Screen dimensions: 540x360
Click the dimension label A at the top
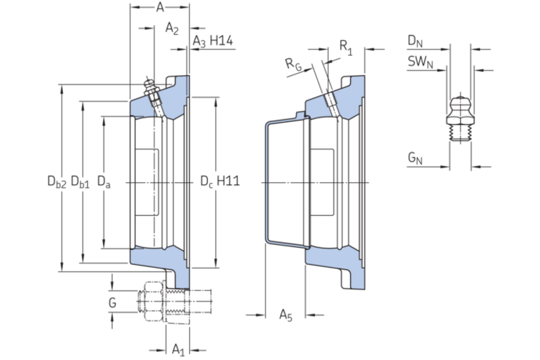tap(160, 7)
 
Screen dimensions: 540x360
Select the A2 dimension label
tap(172, 29)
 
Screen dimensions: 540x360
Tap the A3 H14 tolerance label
tap(212, 41)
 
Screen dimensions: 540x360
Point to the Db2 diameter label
tap(56, 181)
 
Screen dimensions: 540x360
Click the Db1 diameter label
tap(80, 181)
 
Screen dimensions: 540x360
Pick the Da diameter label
tap(104, 181)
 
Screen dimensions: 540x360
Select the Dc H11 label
tap(220, 181)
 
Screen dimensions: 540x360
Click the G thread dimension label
tap(112, 303)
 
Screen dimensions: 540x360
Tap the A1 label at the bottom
tap(178, 350)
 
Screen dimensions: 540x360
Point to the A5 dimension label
tap(286, 315)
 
